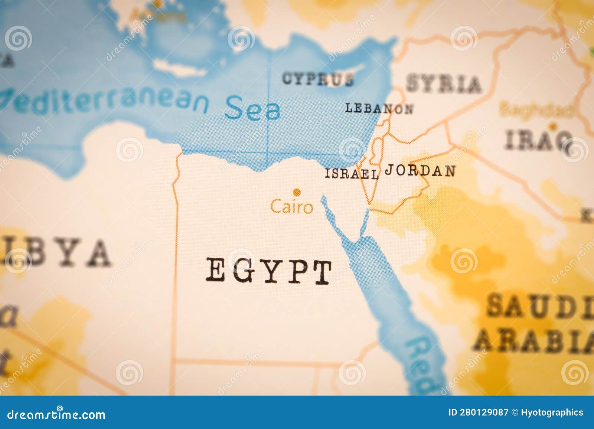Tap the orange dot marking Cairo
[x=296, y=192]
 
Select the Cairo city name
[x=291, y=207]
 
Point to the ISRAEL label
[x=352, y=174]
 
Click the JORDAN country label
[x=420, y=171]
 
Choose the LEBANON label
[x=379, y=108]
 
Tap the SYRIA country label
[x=443, y=84]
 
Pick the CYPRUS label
[x=317, y=79]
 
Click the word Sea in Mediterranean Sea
[x=252, y=109]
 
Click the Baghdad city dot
[x=554, y=125]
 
